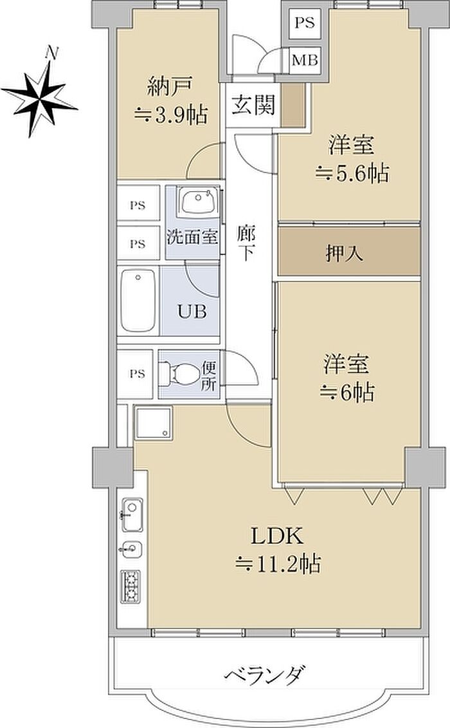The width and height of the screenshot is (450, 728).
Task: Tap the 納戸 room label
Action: tap(169, 86)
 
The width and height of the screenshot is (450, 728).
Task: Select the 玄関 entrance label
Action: tap(253, 105)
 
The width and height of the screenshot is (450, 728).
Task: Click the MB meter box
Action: tap(305, 60)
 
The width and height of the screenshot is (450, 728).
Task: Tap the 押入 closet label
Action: tap(344, 254)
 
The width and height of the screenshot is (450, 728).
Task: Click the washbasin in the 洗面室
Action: tap(199, 201)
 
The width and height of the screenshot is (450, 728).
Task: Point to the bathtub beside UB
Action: tap(138, 301)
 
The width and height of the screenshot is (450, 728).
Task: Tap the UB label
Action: tap(192, 312)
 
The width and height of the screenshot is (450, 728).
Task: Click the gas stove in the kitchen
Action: tap(131, 586)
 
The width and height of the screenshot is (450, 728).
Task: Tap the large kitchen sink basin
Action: tap(132, 514)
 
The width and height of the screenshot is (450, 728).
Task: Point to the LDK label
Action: tap(277, 536)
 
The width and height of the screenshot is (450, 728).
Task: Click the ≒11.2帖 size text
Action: tap(278, 565)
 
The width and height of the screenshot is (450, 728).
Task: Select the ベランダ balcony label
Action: tap(266, 676)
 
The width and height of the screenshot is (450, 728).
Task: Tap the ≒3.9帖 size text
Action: tap(171, 115)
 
